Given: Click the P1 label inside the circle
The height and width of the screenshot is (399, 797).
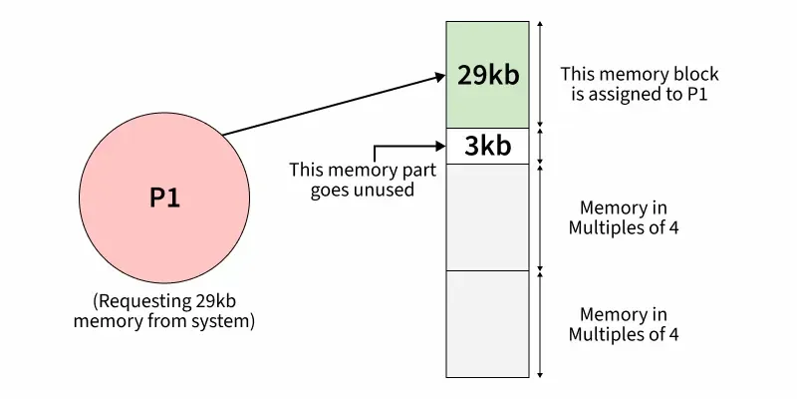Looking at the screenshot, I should pos(165,198).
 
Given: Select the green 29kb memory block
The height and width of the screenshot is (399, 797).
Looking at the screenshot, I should pos(487,100).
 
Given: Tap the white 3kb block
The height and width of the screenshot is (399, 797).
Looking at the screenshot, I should pos(487,147).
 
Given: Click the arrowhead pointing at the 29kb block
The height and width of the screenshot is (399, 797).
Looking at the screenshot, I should pos(438,76).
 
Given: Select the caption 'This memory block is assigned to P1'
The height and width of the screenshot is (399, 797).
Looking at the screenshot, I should pos(639,85).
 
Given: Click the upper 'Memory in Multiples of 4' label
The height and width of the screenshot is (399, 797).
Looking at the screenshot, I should pos(623,217).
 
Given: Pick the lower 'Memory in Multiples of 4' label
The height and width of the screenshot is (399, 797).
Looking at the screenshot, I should pos(623,324).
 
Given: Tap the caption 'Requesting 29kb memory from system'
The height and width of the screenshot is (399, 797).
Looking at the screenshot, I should pos(166,311).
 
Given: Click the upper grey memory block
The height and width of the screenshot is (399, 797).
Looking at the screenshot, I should pos(487,216).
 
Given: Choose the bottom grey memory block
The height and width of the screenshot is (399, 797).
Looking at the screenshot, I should pos(487,323).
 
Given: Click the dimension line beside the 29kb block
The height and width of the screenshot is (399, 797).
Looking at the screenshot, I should pos(539,75).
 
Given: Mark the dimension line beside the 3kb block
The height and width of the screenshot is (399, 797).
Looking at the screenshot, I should pos(539,147).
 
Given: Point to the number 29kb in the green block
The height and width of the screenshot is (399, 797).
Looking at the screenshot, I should pos(487,75).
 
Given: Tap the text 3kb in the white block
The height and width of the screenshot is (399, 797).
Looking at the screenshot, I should pos(487,147).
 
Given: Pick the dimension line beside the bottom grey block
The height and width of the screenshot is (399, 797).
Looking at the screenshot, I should pos(539,323).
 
